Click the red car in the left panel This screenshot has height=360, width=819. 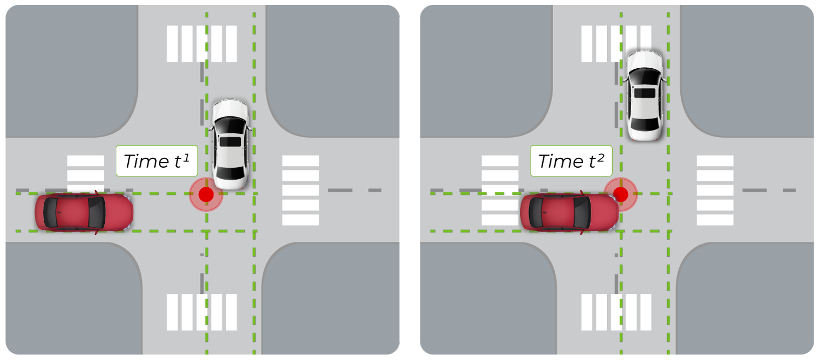84,213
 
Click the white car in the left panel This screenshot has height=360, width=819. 230,144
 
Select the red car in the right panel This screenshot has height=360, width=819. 569,213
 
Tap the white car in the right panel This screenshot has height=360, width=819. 645,96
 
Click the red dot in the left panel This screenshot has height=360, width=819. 206,194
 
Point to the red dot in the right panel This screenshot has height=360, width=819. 620,194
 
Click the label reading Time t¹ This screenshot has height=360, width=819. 156,161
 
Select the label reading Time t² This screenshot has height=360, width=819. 571,161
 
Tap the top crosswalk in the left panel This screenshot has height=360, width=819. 201,44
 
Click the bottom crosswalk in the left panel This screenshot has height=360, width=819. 201,312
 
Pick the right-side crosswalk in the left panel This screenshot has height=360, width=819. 300,190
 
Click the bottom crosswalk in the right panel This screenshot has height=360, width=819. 616,312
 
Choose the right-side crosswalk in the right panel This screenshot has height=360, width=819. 715,190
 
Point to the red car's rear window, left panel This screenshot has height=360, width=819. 51,213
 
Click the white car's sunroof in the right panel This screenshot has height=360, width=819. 645,92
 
